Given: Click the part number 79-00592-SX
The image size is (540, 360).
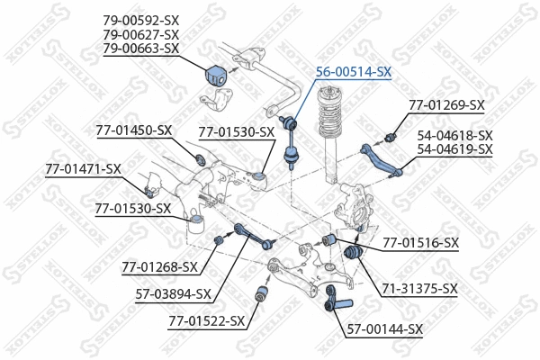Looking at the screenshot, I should [x=141, y=19].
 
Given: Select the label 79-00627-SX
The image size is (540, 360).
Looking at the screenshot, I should [x=141, y=33].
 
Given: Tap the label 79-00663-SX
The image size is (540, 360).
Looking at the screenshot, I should [x=141, y=48].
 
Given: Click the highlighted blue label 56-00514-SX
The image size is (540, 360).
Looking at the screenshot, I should [x=353, y=72].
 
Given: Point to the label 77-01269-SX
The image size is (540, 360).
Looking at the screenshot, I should [x=446, y=105].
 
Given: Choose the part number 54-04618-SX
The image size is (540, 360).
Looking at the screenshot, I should [x=454, y=134].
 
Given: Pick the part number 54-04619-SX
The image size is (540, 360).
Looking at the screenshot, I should [x=454, y=148].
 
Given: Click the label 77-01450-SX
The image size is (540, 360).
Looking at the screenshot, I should [x=133, y=130].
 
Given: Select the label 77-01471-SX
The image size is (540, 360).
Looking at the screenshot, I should [x=84, y=168].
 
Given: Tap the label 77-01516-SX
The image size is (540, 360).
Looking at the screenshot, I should [x=421, y=242].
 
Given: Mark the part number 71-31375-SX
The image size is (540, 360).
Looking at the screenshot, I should [x=419, y=289].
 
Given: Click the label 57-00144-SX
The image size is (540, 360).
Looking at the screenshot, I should [x=384, y=329].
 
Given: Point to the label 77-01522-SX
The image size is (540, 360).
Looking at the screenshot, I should [x=206, y=320].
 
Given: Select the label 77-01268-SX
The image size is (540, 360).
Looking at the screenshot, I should [x=159, y=266].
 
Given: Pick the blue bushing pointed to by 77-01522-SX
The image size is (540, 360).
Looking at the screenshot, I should [x=265, y=292].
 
